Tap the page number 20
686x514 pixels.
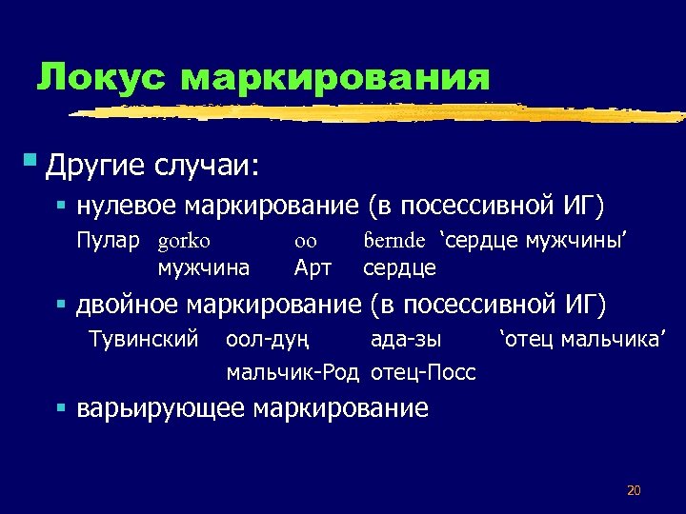[634, 490]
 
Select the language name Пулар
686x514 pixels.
[108, 241]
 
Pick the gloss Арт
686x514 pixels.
[313, 268]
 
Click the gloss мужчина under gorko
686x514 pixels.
[204, 268]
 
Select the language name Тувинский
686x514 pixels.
[143, 339]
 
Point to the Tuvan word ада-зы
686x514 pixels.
[406, 339]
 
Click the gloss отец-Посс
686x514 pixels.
[423, 372]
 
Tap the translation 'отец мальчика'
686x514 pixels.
[582, 339]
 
